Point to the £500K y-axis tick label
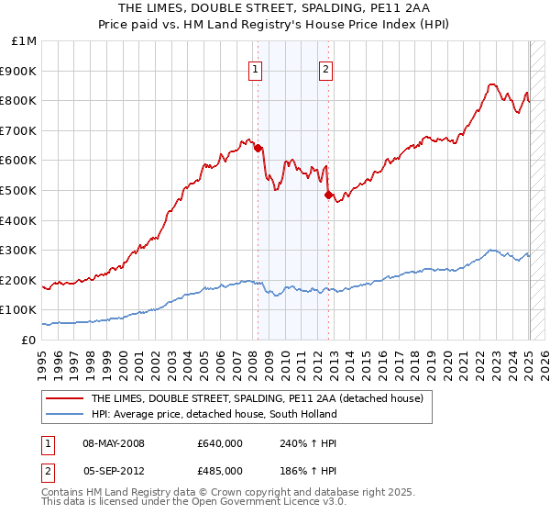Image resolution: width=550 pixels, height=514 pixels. (x=18, y=190)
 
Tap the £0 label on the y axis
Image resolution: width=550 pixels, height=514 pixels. (x=28, y=340)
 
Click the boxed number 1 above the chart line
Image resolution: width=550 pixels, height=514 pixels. (x=254, y=67)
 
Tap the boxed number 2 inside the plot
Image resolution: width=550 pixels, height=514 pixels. (x=325, y=67)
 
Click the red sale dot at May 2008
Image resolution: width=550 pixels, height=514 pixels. (x=258, y=148)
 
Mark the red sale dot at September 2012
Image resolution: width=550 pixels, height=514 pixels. (x=328, y=195)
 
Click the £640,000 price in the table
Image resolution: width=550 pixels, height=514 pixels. (x=219, y=443)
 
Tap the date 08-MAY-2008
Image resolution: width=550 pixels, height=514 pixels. (x=114, y=443)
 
